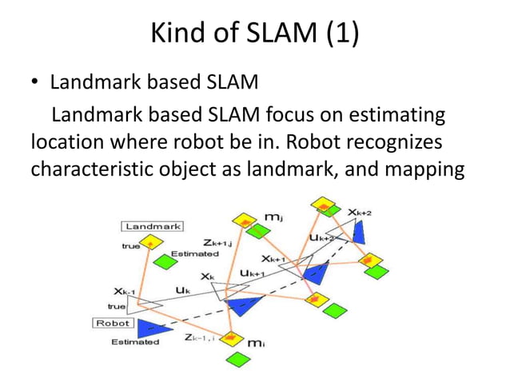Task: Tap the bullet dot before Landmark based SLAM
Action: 35,84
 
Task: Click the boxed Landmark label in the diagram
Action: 152,226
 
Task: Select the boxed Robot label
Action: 114,324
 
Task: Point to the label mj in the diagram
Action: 273,217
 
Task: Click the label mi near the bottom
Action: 256,343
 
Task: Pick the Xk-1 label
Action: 125,292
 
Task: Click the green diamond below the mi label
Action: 233,360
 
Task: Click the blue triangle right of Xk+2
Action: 359,232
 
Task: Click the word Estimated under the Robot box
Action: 135,342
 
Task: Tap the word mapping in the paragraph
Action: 409,171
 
